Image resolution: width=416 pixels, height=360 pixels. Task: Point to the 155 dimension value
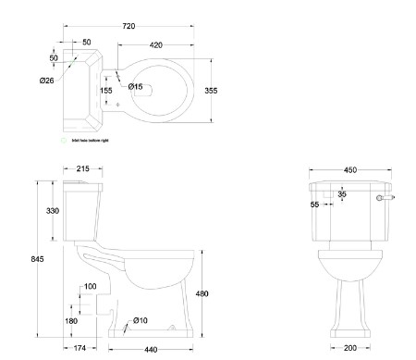tap(106, 90)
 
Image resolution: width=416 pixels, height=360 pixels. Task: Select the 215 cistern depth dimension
tap(82, 169)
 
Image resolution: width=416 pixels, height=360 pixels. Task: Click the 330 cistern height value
tap(53, 211)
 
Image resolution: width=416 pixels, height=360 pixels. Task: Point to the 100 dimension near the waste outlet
tap(90, 287)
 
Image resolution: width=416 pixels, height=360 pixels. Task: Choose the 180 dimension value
tap(71, 321)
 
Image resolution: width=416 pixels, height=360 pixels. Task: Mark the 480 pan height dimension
tap(202, 294)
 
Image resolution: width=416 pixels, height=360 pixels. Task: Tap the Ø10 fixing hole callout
tap(141, 320)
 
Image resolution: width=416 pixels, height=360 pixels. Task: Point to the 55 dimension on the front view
tap(315, 205)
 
